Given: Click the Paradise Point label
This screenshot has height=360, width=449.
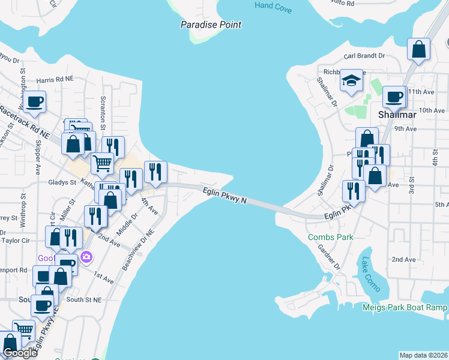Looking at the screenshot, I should (211, 25).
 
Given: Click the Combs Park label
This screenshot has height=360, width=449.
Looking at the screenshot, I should (330, 237).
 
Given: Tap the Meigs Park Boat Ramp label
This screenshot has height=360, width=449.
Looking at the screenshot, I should (405, 307).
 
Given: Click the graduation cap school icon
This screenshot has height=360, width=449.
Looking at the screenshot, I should (351, 81).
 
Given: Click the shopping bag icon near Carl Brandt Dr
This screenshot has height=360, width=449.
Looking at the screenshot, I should (418, 50).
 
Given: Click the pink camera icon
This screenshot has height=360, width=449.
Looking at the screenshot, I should (86, 256).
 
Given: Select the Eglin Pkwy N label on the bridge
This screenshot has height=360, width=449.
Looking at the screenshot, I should (224, 196).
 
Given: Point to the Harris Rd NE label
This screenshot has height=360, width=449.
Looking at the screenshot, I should (55, 79).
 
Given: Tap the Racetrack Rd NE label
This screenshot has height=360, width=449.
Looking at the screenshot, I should (24, 124).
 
